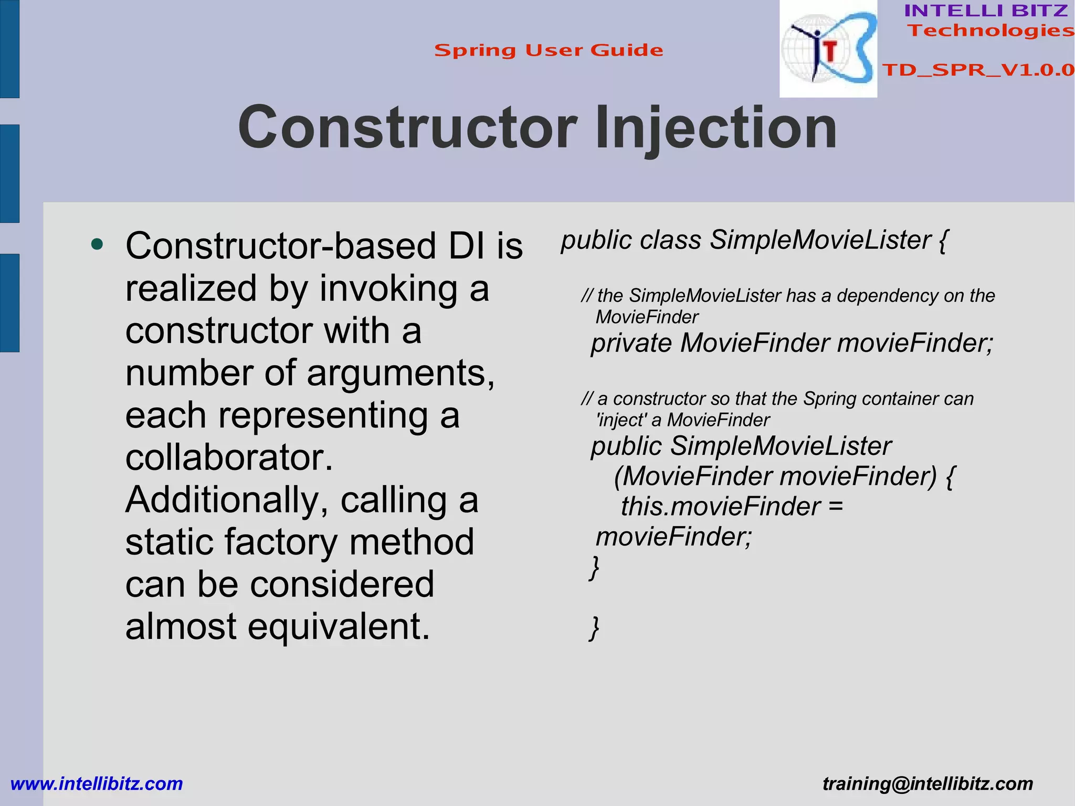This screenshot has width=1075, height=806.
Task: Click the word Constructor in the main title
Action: pos(407,128)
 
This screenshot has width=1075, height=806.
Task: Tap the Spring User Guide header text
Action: pos(549,50)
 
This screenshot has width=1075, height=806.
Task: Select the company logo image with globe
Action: pos(828,49)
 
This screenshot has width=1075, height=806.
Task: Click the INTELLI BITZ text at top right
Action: pos(986,11)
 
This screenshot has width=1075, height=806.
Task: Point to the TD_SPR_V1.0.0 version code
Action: pos(978,70)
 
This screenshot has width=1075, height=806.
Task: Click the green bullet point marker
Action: pos(97,244)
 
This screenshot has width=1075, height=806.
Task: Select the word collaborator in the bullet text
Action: pos(229,458)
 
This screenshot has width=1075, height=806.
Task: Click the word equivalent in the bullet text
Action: pos(339,627)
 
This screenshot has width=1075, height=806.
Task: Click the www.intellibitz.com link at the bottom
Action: pos(97,784)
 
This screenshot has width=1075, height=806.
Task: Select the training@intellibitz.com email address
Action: pos(928,784)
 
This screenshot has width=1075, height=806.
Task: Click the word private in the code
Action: pos(631,344)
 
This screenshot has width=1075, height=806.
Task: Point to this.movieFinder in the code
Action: pos(721,507)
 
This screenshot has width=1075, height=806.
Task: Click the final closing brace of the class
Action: pos(594,628)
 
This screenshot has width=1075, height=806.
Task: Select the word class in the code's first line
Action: pos(670,240)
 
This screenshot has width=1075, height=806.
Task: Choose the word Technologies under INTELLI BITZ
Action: pos(991,30)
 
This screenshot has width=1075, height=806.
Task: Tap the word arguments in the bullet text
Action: pos(400,373)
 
